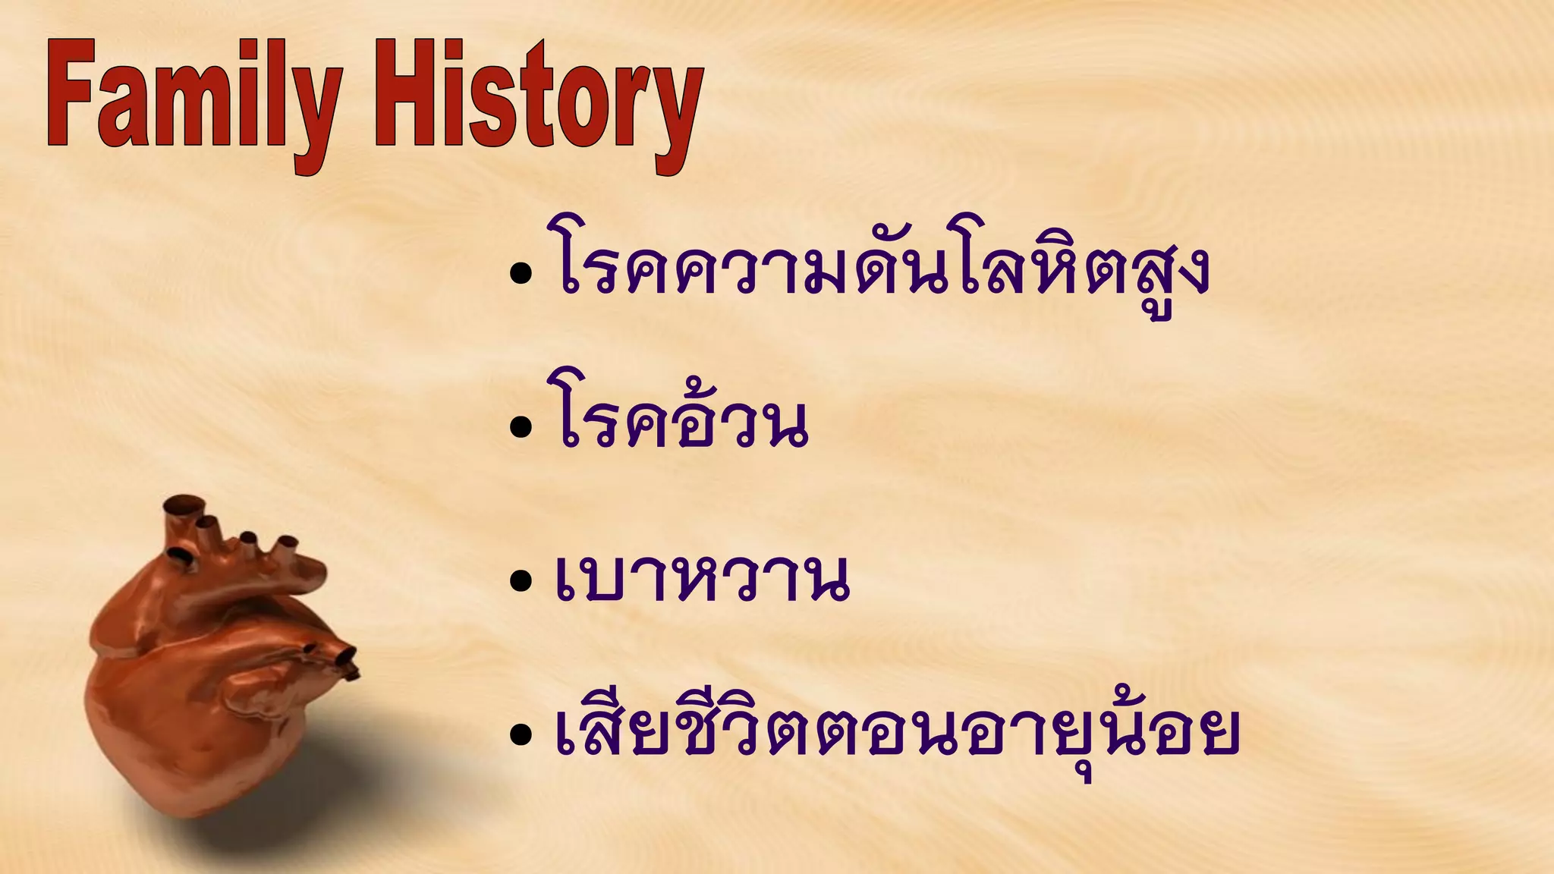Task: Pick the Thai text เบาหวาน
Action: pyautogui.click(x=702, y=580)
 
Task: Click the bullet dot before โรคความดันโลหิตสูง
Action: pyautogui.click(x=521, y=273)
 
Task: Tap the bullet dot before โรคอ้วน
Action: pyautogui.click(x=521, y=427)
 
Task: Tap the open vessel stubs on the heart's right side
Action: pyautogui.click(x=334, y=656)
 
